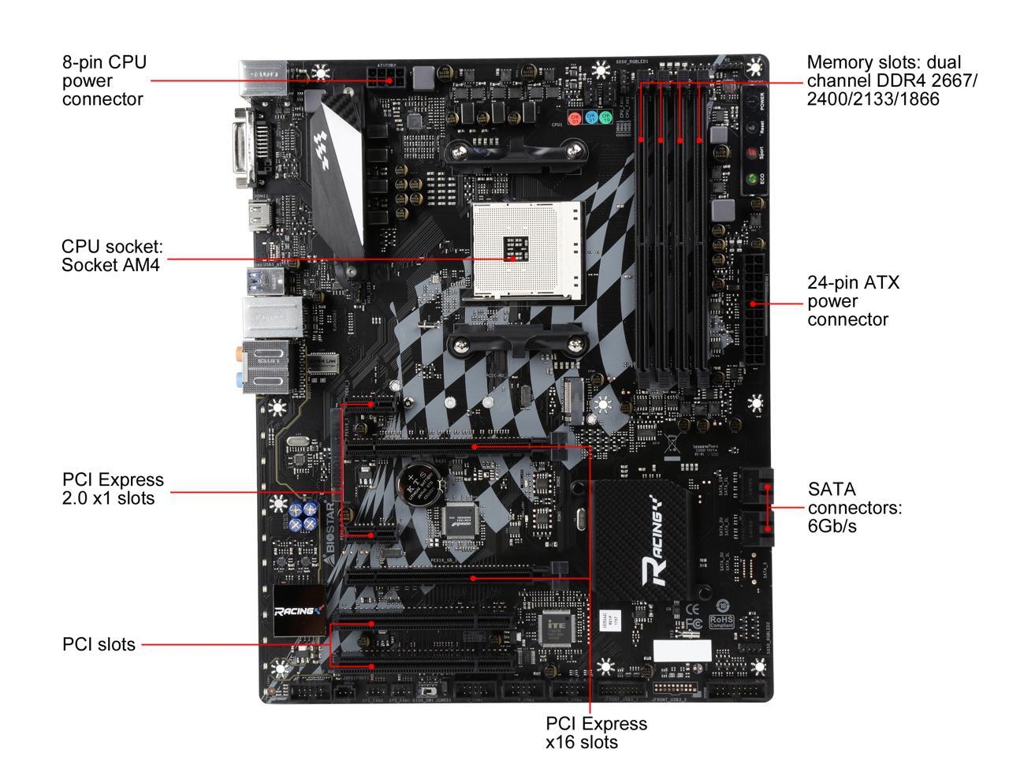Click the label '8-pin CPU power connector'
pyautogui.click(x=104, y=80)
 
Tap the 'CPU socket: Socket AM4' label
pyautogui.click(x=112, y=255)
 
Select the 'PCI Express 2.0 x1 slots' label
pyautogui.click(x=113, y=489)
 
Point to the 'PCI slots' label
pyautogui.click(x=99, y=644)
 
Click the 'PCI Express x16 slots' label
pyautogui.click(x=596, y=733)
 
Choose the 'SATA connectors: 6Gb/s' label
pyautogui.click(x=854, y=507)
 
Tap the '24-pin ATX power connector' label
pyautogui.click(x=853, y=300)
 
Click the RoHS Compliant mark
pyautogui.click(x=722, y=622)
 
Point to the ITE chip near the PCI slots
pyautogui.click(x=558, y=628)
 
